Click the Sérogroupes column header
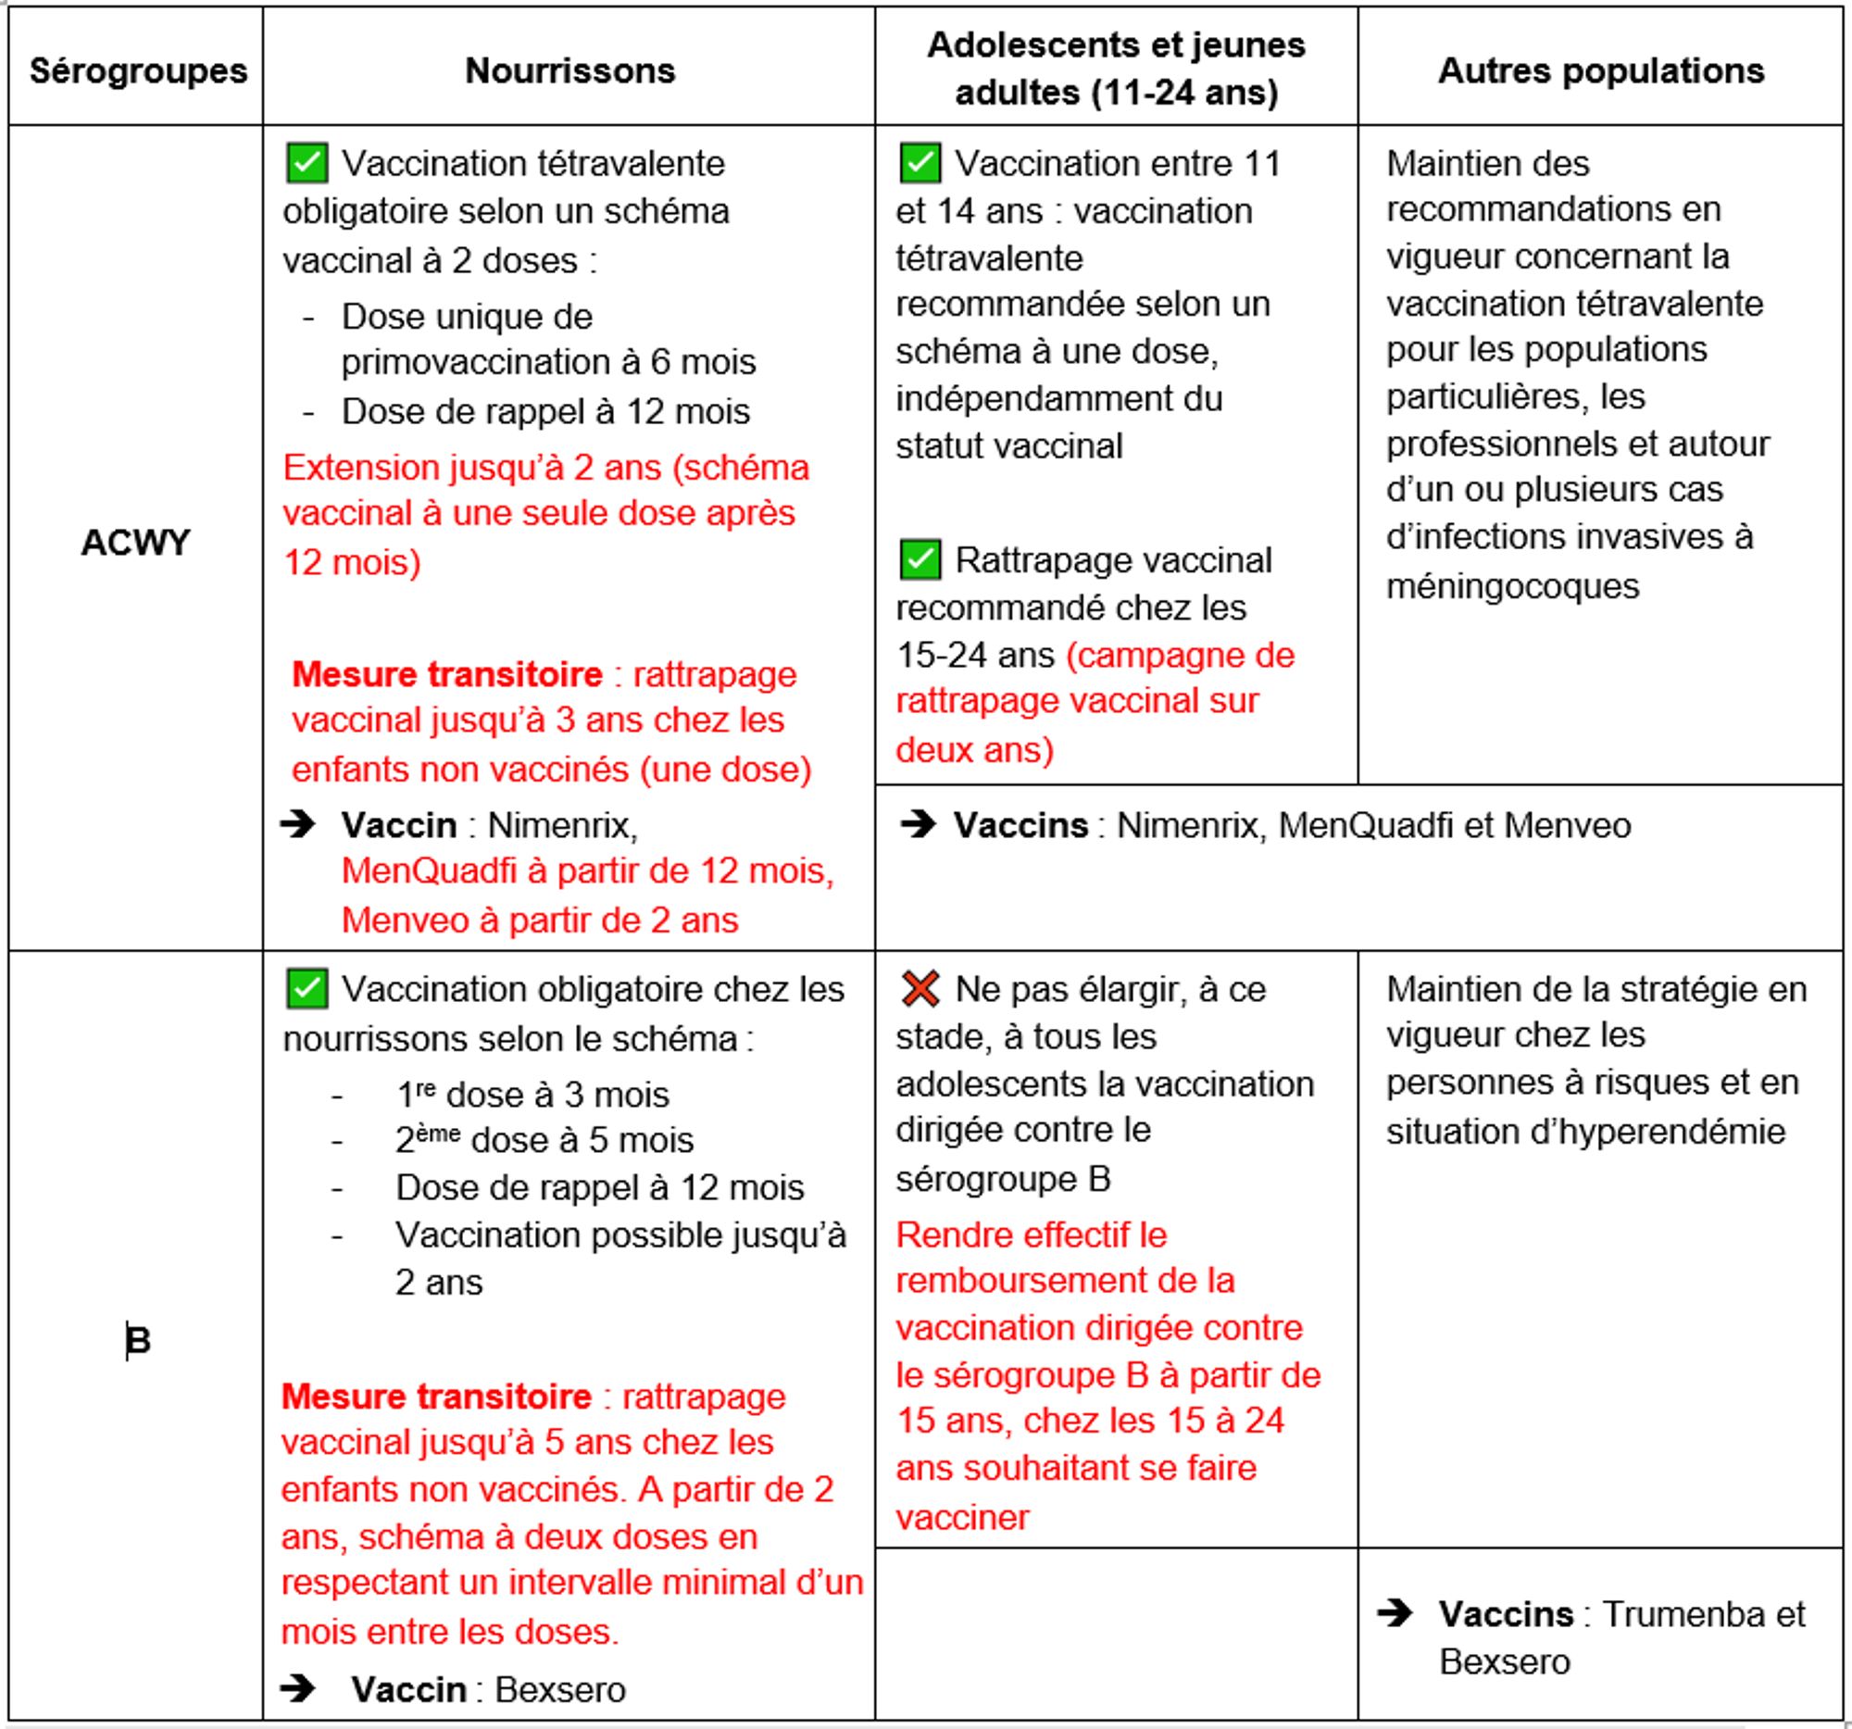coord(138,70)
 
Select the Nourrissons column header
coord(569,70)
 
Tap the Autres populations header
coord(1600,70)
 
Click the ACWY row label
coord(135,542)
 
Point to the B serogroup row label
coord(138,1340)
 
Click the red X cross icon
coord(920,988)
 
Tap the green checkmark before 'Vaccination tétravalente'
coord(307,163)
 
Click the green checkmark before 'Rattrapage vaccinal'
coord(920,560)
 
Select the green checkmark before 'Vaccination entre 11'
coord(920,163)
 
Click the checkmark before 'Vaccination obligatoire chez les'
coord(307,988)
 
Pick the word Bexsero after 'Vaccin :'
coord(560,1689)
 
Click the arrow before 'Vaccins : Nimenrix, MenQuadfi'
coord(918,824)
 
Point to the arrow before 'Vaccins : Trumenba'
coord(1395,1612)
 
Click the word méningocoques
coord(1512,586)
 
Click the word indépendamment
coord(1058,399)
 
